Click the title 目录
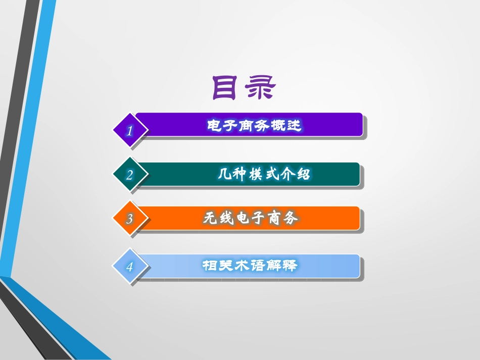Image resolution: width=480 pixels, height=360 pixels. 244,88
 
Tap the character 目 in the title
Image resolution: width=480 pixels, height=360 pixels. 226,88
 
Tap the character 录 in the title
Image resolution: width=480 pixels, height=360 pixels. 261,88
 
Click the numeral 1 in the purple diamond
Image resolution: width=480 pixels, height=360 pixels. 130,131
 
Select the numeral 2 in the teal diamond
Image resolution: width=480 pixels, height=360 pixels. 130,175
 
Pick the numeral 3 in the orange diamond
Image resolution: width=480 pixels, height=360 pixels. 130,219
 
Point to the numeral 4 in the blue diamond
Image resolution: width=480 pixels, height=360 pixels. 130,267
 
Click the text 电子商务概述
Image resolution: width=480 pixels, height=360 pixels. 254,125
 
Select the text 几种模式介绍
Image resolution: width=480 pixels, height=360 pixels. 264,174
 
